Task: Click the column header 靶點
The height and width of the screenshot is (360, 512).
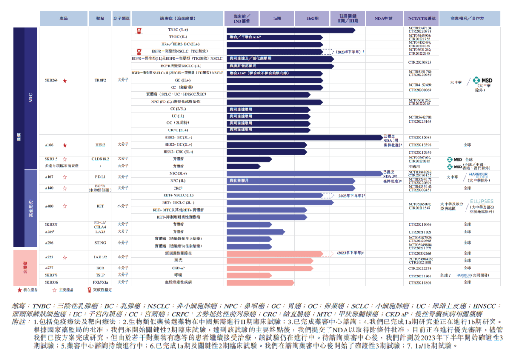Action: (x=100, y=18)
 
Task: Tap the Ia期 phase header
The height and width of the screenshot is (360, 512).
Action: (x=277, y=18)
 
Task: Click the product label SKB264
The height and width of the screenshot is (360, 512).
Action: (x=51, y=81)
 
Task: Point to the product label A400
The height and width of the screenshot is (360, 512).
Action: (x=49, y=206)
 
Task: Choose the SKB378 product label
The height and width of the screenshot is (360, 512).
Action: (x=51, y=275)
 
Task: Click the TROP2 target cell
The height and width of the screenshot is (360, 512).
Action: (x=100, y=81)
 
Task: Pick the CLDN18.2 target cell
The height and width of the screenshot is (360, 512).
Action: (x=100, y=159)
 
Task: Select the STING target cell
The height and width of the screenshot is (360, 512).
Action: (x=100, y=242)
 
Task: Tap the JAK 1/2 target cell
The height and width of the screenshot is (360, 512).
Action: (x=100, y=257)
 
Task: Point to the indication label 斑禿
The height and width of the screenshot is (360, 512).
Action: (x=178, y=260)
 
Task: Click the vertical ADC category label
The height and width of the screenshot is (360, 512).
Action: (x=31, y=97)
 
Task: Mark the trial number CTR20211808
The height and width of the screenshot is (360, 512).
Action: (x=420, y=283)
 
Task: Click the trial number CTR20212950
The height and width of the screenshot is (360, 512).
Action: (x=420, y=152)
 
